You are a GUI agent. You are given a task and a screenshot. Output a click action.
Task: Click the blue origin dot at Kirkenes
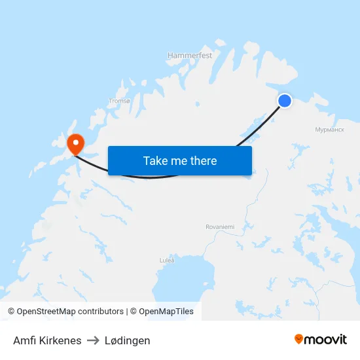pos(285,100)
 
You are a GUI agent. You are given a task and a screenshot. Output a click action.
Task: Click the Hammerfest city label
pos(190,56)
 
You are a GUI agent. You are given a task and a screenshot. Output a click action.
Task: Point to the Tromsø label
pos(119,101)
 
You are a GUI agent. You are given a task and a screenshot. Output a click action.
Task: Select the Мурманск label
pos(329,130)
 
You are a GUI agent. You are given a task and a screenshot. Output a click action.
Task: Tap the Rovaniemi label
pos(220,226)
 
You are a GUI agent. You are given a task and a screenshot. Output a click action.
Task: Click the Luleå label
pos(167,260)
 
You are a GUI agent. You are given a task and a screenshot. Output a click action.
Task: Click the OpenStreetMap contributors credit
pos(70,312)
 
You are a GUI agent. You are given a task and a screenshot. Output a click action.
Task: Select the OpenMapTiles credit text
pos(166,312)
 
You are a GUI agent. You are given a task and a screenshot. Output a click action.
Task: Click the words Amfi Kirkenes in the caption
pos(47,340)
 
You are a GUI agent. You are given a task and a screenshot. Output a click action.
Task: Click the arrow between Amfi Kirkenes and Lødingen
pos(92,340)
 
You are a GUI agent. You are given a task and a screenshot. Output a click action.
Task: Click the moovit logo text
pos(325,339)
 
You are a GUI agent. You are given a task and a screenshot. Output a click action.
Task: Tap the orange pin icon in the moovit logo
pos(299,339)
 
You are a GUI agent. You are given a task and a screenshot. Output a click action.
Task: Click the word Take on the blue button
pos(156,160)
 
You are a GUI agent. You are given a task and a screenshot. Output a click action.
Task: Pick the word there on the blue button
pos(203,160)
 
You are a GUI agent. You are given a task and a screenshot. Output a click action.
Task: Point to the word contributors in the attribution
pos(100,312)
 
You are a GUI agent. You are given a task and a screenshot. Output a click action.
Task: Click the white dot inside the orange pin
pos(75,141)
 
